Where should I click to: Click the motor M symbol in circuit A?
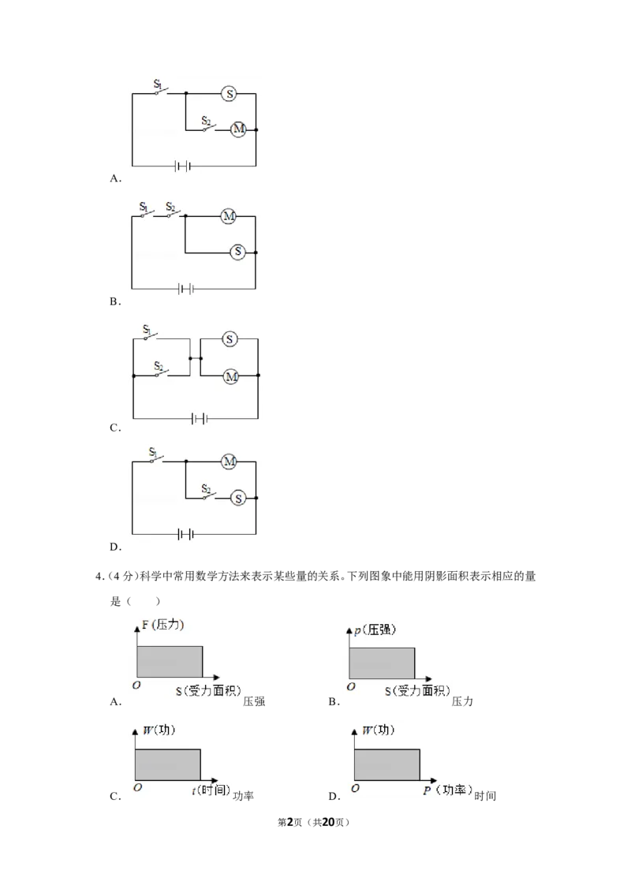tap(238, 129)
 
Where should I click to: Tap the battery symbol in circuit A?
tap(183, 166)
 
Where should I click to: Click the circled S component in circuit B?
tap(238, 252)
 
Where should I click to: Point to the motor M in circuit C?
tap(230, 376)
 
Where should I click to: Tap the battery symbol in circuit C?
tap(200, 419)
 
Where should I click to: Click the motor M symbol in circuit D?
tap(229, 461)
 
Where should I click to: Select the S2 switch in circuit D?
tap(208, 493)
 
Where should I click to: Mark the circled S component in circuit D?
tap(238, 499)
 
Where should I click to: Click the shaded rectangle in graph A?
tap(170, 662)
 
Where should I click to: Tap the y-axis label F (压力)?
tap(162, 625)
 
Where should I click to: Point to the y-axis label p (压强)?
tap(375, 630)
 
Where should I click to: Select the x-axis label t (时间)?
tap(211, 790)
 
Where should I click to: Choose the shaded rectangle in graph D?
tap(387, 765)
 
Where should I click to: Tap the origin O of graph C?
tap(137, 787)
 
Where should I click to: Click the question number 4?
tap(99, 577)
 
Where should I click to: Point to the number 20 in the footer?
tap(328, 822)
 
